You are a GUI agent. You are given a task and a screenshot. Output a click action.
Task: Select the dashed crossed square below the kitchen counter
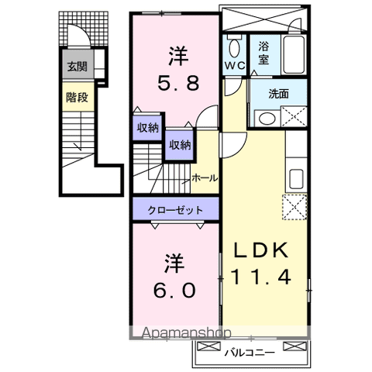pos(295,208)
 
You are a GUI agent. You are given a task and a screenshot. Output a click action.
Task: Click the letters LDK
pos(260,250)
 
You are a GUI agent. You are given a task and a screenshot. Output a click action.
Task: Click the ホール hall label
pos(205,178)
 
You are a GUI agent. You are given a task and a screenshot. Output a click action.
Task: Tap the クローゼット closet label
pos(177,210)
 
